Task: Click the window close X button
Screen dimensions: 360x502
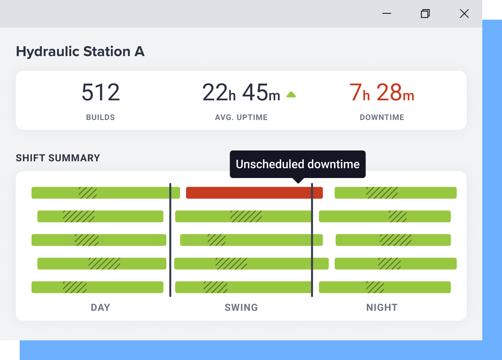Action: pos(464,13)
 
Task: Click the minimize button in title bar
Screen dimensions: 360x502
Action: pos(387,13)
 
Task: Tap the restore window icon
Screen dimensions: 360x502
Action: pos(425,13)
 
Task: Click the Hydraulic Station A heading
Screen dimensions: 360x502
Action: pos(80,51)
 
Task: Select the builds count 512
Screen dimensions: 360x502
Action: pos(101,92)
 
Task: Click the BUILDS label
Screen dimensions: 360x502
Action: pos(100,117)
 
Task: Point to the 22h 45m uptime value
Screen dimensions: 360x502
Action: pos(241,92)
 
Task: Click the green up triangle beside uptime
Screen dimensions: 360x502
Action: pos(291,95)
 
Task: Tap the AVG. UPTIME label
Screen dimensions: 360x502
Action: pos(241,117)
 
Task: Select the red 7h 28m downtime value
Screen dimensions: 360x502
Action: pos(382,92)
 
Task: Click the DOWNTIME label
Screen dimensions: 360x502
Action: pos(382,117)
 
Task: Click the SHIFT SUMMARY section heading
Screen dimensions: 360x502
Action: pos(58,158)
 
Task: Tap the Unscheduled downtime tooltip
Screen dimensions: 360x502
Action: pos(298,164)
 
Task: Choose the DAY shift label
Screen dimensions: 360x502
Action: pos(100,308)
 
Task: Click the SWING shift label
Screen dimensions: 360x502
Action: pos(241,308)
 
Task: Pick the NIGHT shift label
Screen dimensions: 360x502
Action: pos(382,308)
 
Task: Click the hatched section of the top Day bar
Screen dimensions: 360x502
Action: pos(88,193)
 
